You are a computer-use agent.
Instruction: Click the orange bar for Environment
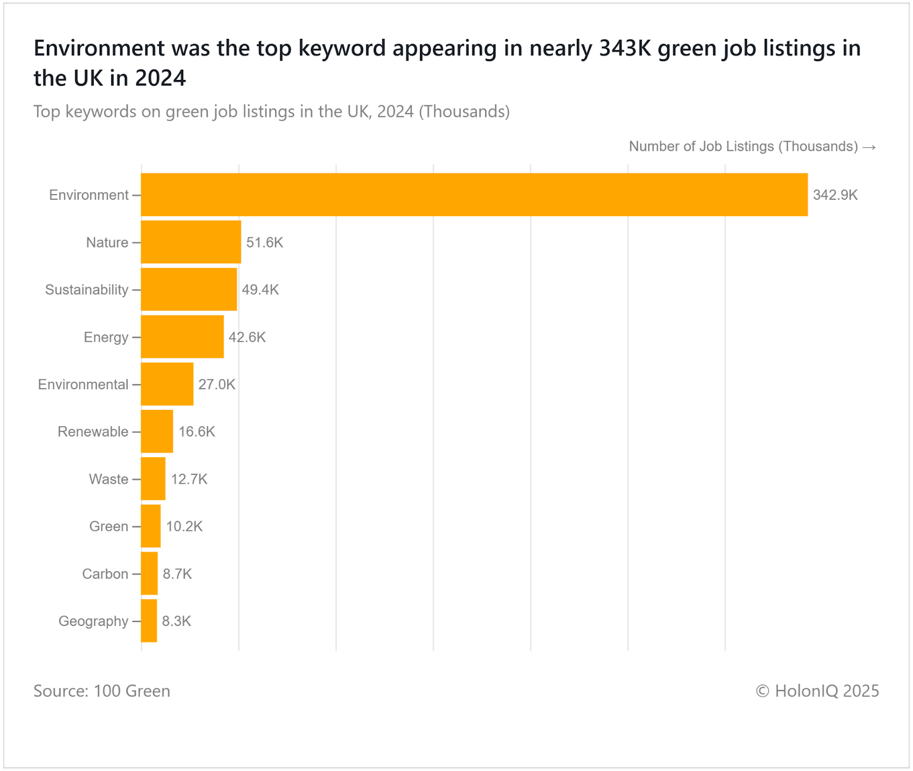pos(474,195)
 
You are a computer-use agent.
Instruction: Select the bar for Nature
pos(191,242)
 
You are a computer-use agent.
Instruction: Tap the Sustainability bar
pos(189,289)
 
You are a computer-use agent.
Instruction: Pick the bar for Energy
pos(182,337)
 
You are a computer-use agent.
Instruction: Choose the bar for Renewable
pos(157,431)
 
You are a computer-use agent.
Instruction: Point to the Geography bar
pos(149,620)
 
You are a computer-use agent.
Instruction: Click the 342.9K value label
pos(835,195)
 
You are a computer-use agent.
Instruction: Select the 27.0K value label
pos(217,385)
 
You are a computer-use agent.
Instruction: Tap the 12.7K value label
pos(189,479)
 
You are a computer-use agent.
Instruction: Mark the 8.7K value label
pos(177,574)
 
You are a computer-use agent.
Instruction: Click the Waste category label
pos(108,479)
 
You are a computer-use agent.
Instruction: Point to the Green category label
pos(108,526)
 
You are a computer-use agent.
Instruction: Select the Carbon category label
pos(105,574)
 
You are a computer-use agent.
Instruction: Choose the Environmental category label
pos(83,385)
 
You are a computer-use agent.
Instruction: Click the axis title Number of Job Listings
pos(743,147)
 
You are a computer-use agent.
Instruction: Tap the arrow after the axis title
pos(869,147)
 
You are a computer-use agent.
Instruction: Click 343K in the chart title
pos(625,49)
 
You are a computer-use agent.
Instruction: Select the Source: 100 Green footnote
pos(102,691)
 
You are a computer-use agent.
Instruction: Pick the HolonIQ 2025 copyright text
pos(817,691)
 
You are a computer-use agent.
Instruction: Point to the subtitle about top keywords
pos(271,111)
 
